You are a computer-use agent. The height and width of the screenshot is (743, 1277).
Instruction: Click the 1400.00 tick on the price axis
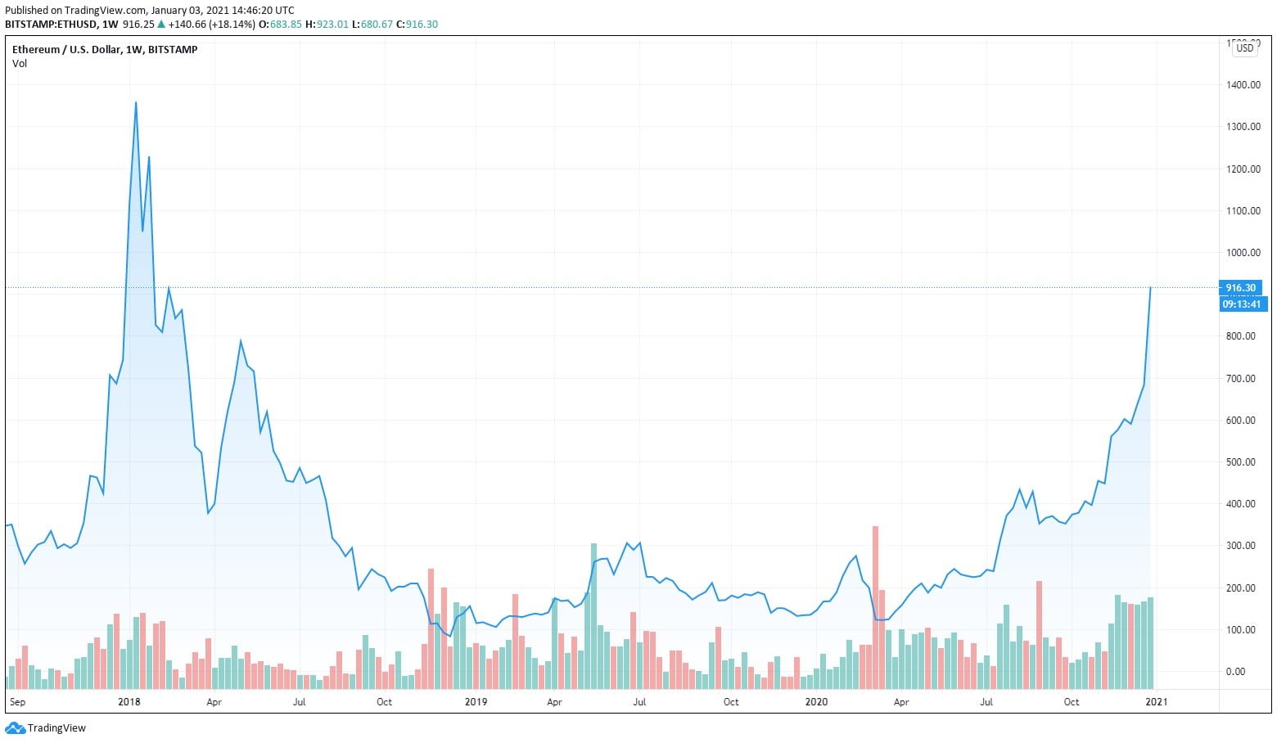coord(1243,85)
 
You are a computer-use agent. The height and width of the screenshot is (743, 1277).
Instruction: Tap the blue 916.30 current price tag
coord(1240,288)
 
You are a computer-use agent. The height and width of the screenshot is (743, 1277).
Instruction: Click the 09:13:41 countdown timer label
coord(1243,304)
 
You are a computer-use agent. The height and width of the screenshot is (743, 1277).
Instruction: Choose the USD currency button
coord(1244,48)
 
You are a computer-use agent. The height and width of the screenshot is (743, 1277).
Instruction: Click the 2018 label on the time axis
coord(129,702)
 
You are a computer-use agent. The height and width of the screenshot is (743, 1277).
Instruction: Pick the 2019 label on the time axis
coord(476,702)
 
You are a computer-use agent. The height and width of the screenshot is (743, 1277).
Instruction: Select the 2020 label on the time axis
coord(816,702)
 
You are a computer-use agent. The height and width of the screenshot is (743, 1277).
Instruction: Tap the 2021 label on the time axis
coord(1156,702)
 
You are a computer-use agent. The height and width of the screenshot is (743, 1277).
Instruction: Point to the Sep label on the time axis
coord(17,702)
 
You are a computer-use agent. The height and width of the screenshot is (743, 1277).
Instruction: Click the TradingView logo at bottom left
coord(46,728)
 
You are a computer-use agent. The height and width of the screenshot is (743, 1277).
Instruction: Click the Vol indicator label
coord(20,64)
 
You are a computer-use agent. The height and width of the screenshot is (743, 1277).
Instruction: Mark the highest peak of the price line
coord(136,102)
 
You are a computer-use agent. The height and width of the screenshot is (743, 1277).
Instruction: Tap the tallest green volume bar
coord(593,614)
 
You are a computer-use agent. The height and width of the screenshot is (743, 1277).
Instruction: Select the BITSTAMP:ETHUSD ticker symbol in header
coord(51,25)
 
